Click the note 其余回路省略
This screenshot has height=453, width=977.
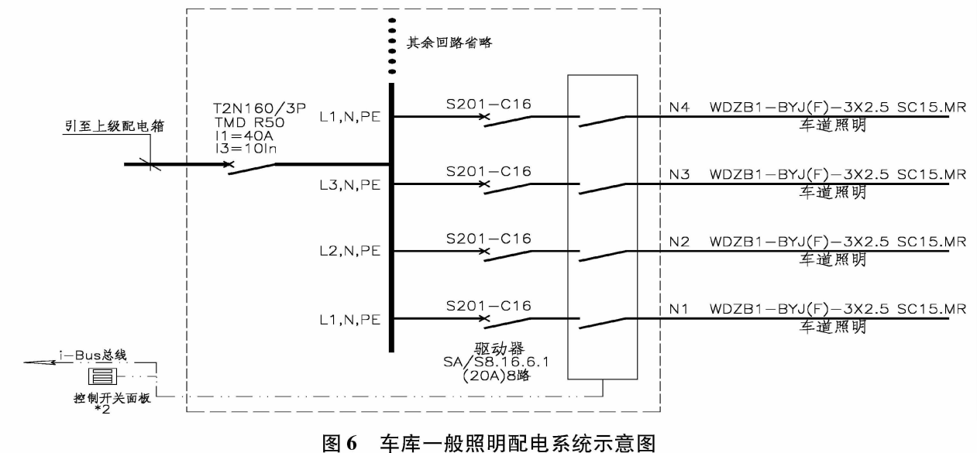tap(450, 43)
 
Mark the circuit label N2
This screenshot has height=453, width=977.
tap(679, 242)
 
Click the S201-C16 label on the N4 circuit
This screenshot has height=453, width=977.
tap(488, 103)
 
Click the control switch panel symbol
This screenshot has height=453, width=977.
tap(103, 377)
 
